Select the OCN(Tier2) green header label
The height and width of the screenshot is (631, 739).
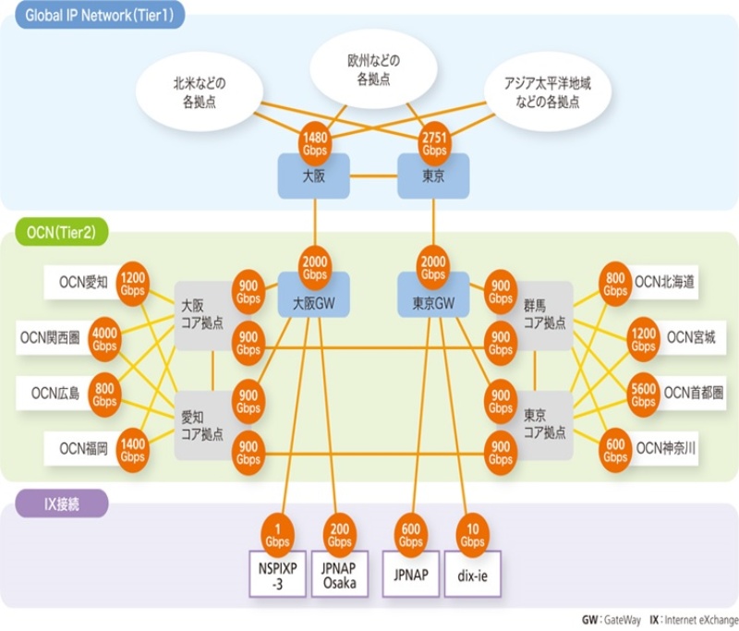[x=55, y=231]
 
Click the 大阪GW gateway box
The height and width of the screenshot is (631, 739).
[x=314, y=300]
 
